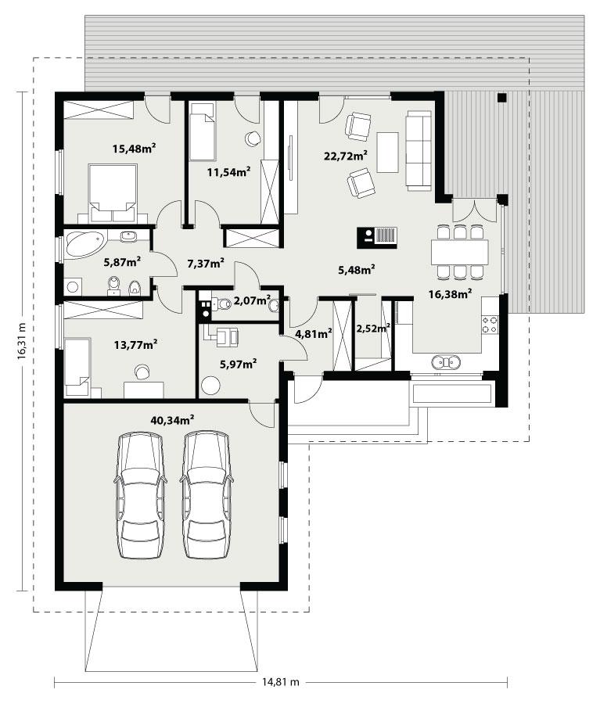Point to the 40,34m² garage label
coord(172,420)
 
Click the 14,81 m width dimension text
coord(279,682)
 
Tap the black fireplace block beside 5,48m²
coord(377,236)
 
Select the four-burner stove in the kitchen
coord(490,325)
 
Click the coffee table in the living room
coord(387,152)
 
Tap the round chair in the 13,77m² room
coord(142,372)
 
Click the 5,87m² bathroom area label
coord(122,263)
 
